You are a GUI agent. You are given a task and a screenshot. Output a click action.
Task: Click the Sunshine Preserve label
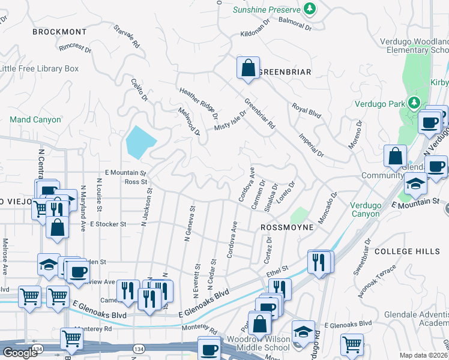pos(267,9)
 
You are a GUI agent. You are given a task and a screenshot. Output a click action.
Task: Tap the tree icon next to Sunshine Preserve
pos(309,8)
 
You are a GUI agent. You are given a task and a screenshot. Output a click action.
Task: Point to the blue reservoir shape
pos(140,142)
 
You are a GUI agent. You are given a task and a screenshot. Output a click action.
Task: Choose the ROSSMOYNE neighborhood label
pos(287,228)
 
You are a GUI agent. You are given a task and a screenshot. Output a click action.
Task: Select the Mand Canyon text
pos(35,119)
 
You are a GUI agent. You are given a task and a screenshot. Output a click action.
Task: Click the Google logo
pos(20,352)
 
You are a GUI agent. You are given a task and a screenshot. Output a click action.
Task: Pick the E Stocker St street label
pos(107,224)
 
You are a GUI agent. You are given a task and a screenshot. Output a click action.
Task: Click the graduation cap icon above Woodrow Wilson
pos(303,331)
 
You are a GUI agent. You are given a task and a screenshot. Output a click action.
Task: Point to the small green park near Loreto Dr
pos(298,215)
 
